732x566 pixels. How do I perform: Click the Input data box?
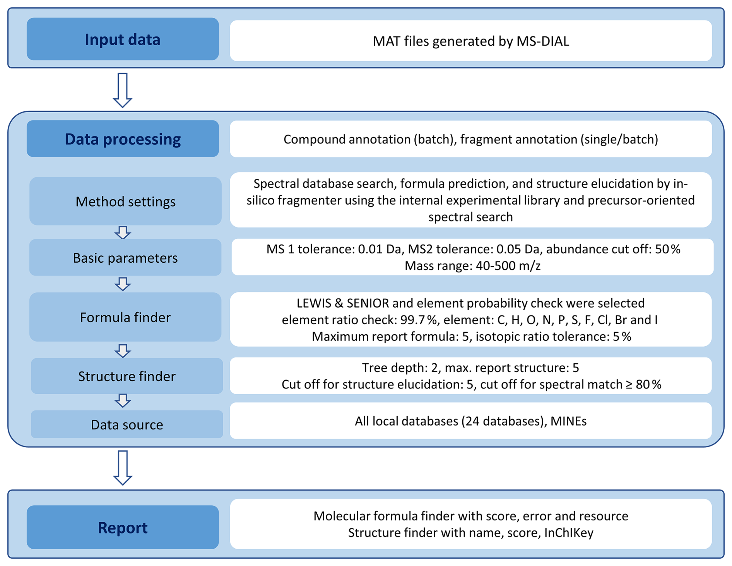[123, 39]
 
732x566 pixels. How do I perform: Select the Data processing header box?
[123, 139]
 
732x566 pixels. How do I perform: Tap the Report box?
[123, 527]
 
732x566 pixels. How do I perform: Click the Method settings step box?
[125, 201]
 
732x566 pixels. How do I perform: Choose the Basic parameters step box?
[125, 258]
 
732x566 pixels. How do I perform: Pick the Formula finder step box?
[125, 317]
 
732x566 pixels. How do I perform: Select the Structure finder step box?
[127, 376]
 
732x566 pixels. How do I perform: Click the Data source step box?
[127, 424]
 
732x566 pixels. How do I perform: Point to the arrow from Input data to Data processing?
[123, 91]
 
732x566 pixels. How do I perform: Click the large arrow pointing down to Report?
[123, 468]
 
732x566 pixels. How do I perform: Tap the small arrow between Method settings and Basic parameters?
[123, 233]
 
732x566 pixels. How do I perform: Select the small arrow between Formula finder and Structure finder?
[123, 351]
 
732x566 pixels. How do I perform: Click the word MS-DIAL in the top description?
[543, 41]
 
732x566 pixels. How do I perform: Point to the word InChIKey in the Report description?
[569, 533]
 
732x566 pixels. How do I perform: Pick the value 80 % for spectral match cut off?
[648, 384]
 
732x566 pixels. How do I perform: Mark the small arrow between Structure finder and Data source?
[123, 401]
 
